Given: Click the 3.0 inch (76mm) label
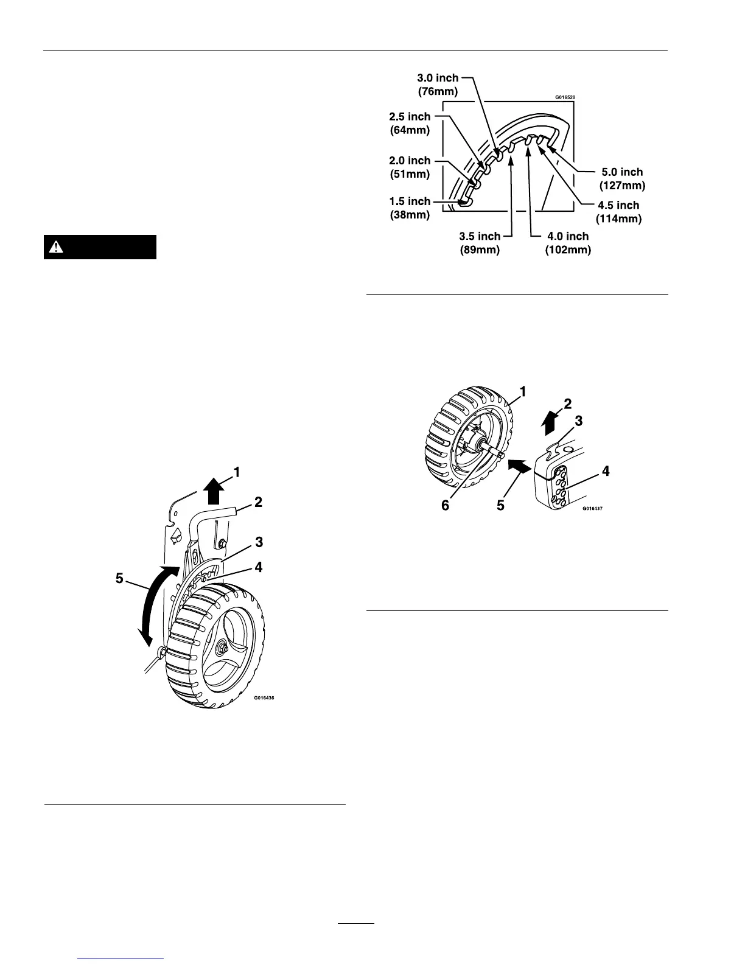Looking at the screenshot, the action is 438,85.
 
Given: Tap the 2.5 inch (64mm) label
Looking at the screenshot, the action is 410,122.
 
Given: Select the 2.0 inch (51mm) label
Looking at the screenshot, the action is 410,167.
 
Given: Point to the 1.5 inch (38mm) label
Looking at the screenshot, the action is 410,208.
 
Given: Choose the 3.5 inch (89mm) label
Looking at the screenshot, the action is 480,243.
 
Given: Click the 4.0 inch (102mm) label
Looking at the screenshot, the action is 568,243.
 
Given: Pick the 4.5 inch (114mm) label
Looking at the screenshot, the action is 618,211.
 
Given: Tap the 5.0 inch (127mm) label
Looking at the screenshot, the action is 622,178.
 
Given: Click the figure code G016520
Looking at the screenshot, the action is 565,97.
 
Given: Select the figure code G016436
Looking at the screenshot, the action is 265,699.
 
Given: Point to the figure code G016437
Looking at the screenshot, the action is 593,508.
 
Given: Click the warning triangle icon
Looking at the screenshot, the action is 57,247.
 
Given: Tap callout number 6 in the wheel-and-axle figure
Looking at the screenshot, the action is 446,505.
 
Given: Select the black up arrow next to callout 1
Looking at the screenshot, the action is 212,490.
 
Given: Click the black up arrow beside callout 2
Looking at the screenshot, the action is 549,421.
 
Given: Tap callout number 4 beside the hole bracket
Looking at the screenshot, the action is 606,470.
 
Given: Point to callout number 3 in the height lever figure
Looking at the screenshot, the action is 259,541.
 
